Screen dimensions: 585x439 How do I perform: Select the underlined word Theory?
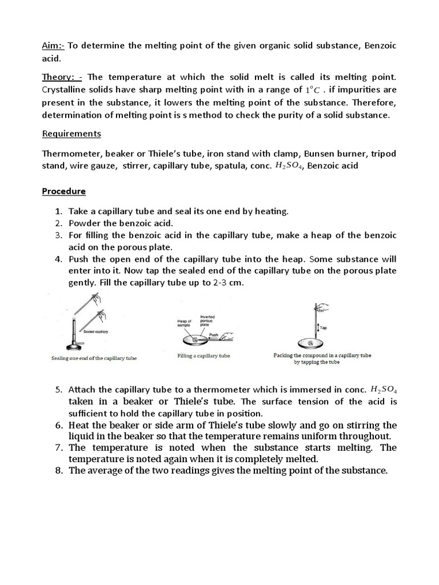(x=59, y=77)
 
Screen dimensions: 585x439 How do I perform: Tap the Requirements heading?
(x=71, y=134)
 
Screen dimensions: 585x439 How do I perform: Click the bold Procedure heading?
(x=63, y=191)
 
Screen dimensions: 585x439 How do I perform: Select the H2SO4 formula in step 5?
(x=384, y=390)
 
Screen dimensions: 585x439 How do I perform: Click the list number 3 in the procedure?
(x=58, y=235)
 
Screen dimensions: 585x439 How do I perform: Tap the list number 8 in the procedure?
(x=58, y=471)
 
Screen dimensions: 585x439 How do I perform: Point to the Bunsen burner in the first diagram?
(x=77, y=336)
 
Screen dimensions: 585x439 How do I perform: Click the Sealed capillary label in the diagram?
(x=95, y=331)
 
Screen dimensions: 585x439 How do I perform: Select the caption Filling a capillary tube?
(x=203, y=356)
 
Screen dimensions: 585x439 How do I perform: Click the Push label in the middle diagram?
(x=214, y=335)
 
